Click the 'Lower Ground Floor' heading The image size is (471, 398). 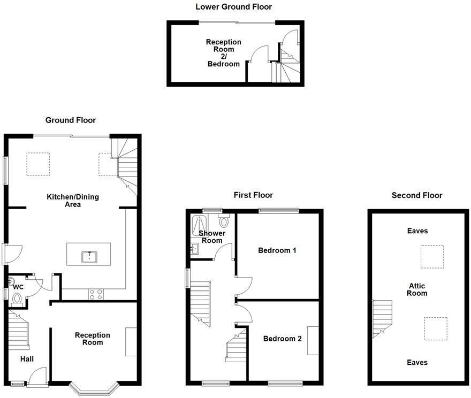tap(233, 7)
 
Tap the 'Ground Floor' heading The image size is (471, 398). tap(71, 120)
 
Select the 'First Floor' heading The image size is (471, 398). tap(253, 195)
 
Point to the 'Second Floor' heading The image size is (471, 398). tap(417, 195)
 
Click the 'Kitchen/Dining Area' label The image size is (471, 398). tap(73, 201)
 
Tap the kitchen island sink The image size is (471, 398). tap(89, 257)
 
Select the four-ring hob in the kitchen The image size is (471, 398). tap(96, 294)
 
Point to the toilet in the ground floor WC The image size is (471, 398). tap(17, 298)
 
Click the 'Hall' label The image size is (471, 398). tap(27, 359)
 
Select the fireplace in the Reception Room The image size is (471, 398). tap(131, 341)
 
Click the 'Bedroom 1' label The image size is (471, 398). tap(277, 250)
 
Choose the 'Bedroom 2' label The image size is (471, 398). tap(282, 339)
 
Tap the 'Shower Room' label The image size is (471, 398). tap(211, 237)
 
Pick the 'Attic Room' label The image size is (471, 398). tap(416, 289)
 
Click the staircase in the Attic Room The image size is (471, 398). tap(382, 318)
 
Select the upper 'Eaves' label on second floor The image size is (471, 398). tap(417, 231)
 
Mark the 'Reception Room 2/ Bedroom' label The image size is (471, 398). tap(224, 52)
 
